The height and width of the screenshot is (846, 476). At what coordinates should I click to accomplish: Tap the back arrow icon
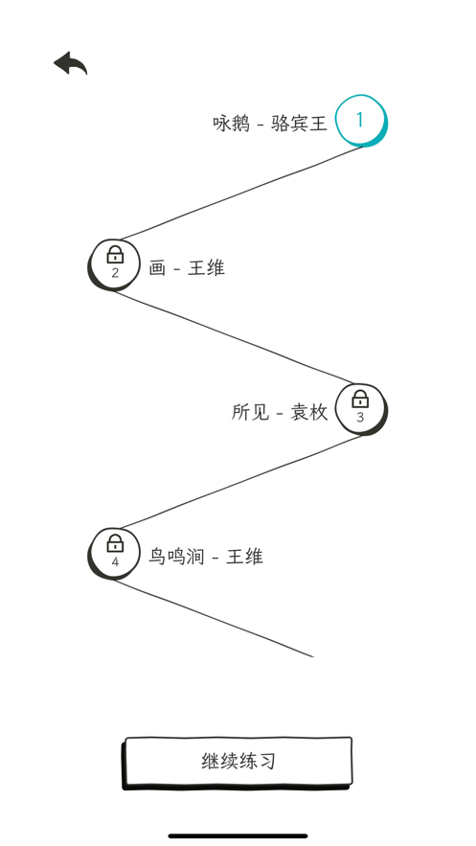pos(70,63)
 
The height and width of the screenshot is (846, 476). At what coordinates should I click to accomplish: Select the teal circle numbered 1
pos(361,121)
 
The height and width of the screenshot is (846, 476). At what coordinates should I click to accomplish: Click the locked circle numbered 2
pos(113,265)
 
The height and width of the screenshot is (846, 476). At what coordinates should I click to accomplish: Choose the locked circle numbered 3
pos(361,409)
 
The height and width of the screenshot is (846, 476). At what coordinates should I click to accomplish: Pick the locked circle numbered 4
pos(113,554)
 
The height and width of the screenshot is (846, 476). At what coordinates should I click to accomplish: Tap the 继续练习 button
pos(238,763)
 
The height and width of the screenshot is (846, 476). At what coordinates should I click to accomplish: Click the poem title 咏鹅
pos(231,124)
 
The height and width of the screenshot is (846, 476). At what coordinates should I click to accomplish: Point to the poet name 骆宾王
pos(299,124)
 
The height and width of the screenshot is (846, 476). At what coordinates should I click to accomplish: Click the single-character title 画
pos(157,267)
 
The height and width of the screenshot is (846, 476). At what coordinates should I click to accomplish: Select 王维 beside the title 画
pos(206,267)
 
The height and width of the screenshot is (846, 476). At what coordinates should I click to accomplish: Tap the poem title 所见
pos(250,412)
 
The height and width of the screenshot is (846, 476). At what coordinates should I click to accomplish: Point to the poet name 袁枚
pos(309,412)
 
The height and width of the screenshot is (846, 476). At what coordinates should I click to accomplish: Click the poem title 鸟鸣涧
pos(176,557)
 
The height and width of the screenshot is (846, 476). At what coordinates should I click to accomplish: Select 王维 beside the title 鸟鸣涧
pos(244,557)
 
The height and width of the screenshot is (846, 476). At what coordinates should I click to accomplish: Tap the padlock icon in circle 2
pos(115,254)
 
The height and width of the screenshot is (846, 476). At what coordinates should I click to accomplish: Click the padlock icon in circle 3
pos(360,399)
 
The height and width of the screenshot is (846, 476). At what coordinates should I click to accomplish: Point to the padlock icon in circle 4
pos(115,543)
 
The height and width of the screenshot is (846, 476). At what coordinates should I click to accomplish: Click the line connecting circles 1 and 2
pos(242,193)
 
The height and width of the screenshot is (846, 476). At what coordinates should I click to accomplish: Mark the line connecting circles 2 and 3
pos(233,337)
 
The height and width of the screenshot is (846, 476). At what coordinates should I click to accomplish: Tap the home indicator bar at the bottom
pos(238,835)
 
